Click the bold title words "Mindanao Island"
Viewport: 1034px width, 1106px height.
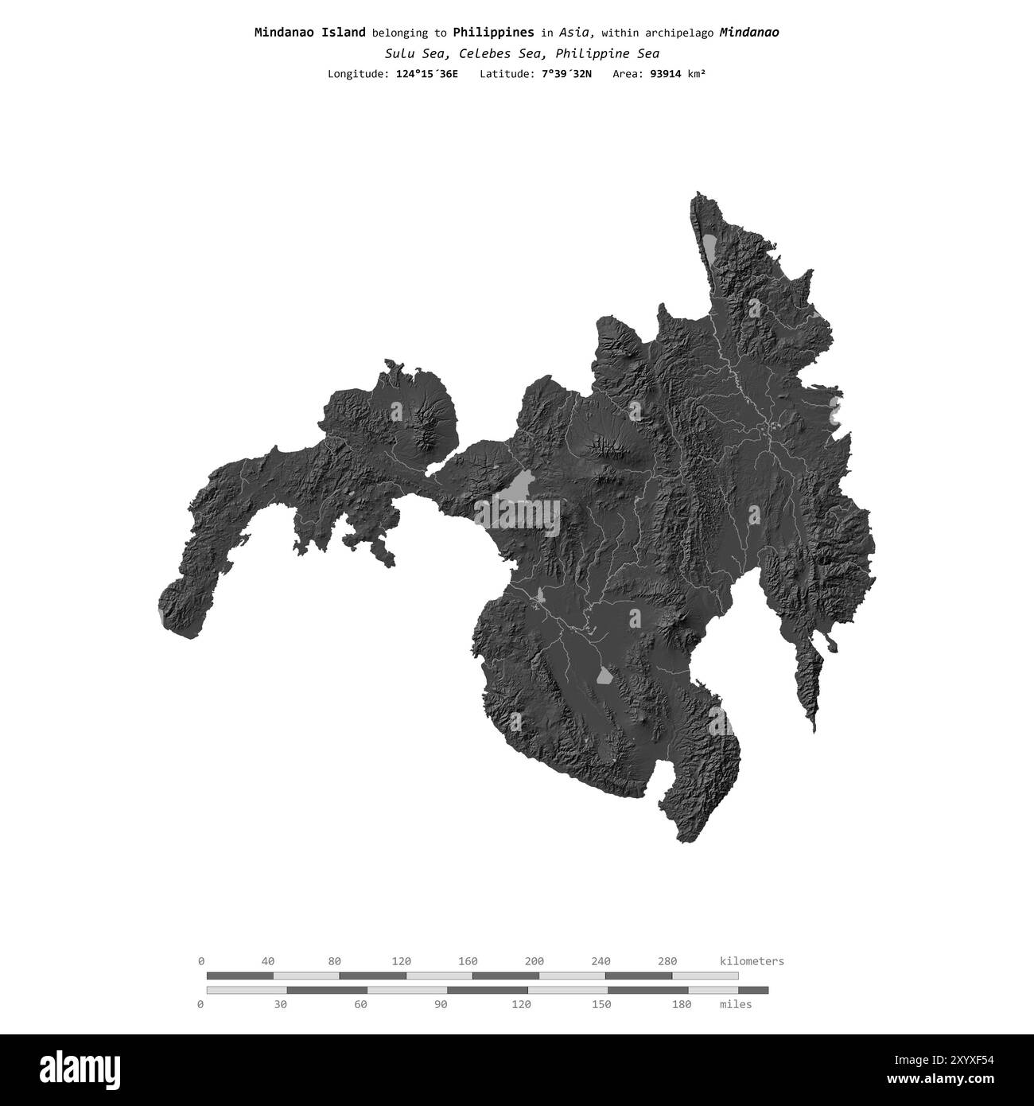tap(309, 33)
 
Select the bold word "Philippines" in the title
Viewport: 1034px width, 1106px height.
tap(493, 33)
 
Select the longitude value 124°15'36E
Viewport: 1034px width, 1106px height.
tap(426, 74)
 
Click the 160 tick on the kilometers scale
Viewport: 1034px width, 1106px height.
tap(468, 961)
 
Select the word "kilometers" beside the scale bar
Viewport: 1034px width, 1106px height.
tap(751, 961)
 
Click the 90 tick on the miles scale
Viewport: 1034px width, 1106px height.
tap(441, 1004)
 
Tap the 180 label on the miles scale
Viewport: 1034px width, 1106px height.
tap(681, 1004)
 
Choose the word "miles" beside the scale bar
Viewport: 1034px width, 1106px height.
tap(735, 1004)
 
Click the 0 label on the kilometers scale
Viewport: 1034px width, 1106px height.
tap(201, 961)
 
